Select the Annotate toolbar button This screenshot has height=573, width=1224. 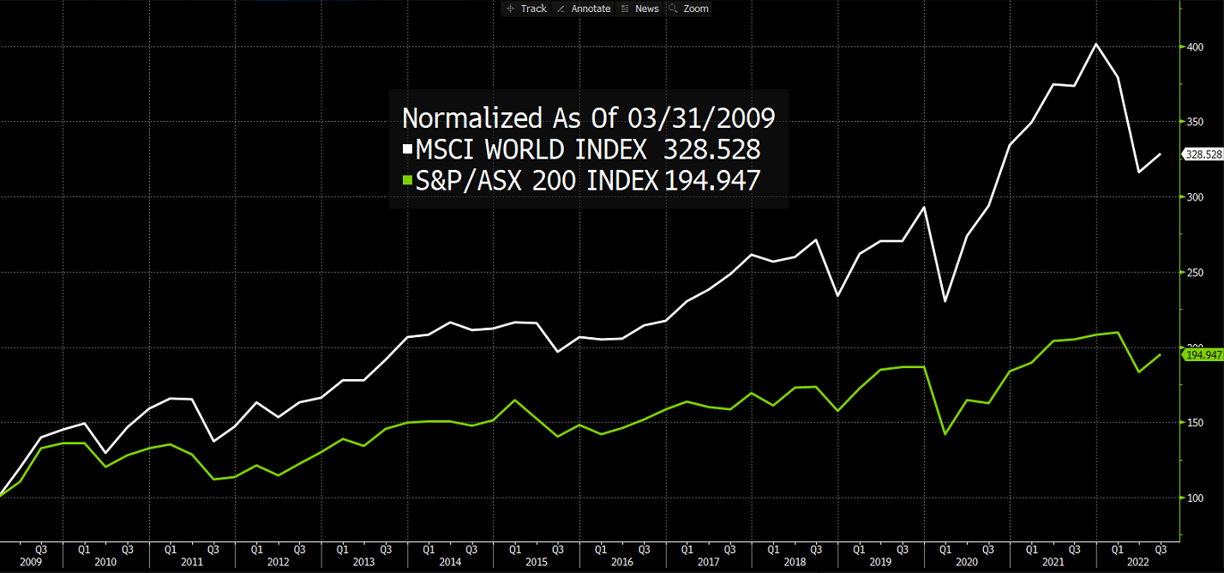pos(584,9)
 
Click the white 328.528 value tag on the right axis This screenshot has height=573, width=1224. pos(1203,154)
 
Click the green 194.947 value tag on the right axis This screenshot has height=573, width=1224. pos(1203,354)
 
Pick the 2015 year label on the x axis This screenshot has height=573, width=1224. pos(537,562)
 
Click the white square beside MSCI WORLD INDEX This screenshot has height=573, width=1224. pos(408,150)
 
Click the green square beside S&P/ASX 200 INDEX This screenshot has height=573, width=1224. pos(408,180)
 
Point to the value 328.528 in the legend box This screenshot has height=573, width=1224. pos(711,149)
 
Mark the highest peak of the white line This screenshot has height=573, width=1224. pos(1096,44)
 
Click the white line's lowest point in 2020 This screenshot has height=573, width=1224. pos(945,301)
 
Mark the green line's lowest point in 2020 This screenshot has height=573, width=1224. pos(945,434)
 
